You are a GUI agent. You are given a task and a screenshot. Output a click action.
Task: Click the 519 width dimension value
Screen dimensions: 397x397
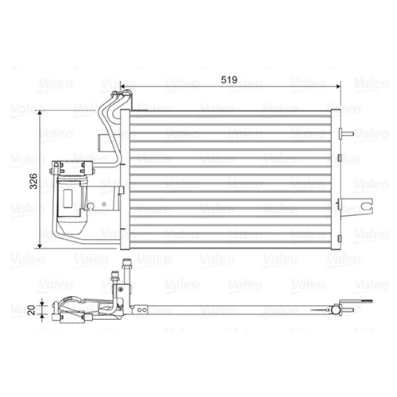click(x=229, y=79)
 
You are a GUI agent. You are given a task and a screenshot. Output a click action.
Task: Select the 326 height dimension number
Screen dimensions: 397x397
click(x=33, y=181)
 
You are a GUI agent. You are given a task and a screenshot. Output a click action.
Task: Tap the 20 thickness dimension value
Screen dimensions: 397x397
click(x=32, y=310)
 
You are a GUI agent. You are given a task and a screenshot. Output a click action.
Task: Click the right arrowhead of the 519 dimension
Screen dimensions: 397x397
click(x=337, y=86)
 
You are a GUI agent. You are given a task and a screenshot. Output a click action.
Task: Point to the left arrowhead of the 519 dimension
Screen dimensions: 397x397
click(x=122, y=86)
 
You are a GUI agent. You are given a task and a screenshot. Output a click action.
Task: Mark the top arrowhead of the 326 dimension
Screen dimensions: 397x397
click(x=40, y=114)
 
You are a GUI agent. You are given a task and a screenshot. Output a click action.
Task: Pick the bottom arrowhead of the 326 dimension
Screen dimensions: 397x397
click(x=40, y=246)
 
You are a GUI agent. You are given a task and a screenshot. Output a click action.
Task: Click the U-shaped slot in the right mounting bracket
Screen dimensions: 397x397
click(x=366, y=204)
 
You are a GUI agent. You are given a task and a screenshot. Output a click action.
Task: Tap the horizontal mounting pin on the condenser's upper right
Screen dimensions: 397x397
click(x=346, y=133)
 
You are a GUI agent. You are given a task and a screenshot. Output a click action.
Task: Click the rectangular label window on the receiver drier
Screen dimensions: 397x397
click(x=68, y=198)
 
